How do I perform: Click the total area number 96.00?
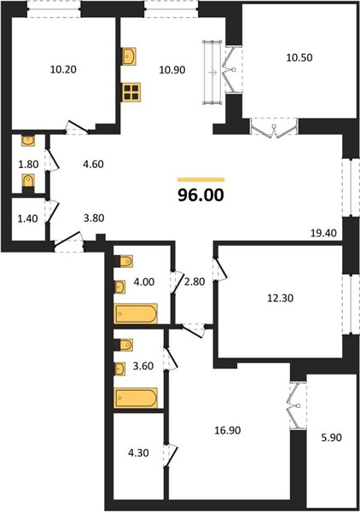[200, 195]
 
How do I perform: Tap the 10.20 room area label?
[63, 69]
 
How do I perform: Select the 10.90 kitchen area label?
[172, 70]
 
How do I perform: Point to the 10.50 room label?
[299, 57]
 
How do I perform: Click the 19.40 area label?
[323, 233]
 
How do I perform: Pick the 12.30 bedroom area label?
[281, 298]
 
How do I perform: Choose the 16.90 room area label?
[228, 430]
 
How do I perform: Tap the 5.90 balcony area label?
[332, 437]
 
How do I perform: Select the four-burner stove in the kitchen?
[131, 92]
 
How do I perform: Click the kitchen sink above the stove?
[130, 56]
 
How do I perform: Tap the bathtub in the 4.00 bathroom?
[136, 313]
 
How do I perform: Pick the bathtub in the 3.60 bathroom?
[136, 398]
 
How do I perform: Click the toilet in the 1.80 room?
[28, 181]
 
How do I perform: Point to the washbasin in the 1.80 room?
[28, 141]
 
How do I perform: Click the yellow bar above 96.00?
[201, 179]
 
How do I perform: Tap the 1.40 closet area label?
[27, 218]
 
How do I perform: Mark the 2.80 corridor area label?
[195, 281]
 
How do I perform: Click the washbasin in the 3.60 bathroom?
[120, 369]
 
